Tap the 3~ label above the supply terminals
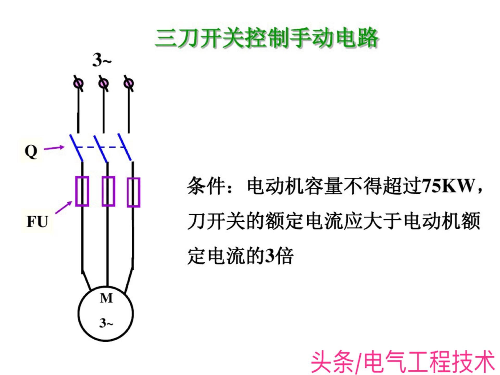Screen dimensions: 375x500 click(102, 60)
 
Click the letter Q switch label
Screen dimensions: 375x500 click(31, 151)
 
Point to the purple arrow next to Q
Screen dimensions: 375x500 click(54, 148)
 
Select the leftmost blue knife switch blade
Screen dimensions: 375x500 click(76, 148)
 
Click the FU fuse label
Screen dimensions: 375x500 click(37, 222)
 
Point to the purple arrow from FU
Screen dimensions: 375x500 click(64, 208)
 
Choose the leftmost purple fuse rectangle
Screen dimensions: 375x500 click(82, 191)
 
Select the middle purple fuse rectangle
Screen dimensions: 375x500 click(108, 191)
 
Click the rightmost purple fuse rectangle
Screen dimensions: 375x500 click(134, 192)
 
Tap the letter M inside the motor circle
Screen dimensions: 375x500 click(106, 298)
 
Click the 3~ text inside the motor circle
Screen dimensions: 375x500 click(106, 323)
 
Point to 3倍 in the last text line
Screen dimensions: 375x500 click(279, 256)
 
